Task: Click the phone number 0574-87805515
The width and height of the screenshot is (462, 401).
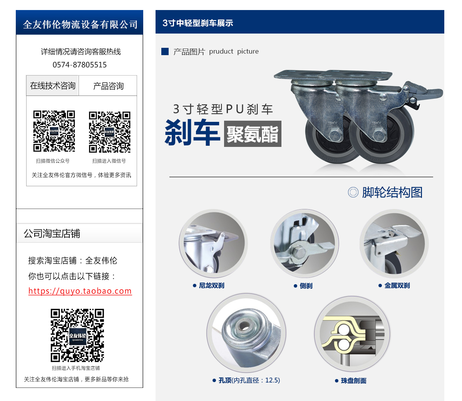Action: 80,65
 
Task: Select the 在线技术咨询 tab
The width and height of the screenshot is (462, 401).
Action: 53,86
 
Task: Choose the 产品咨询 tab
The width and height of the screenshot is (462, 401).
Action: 108,86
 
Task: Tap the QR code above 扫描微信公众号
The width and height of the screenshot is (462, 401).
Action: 54,131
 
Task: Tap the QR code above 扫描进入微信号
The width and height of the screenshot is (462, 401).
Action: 110,132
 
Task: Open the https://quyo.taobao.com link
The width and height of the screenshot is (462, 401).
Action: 80,291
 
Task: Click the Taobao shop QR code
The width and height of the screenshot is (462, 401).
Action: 77,335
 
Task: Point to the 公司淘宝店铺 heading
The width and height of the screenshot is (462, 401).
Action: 52,234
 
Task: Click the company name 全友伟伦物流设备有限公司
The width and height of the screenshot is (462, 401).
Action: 80,25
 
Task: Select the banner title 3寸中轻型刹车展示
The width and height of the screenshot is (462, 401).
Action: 198,23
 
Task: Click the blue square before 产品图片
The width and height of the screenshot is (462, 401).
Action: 165,51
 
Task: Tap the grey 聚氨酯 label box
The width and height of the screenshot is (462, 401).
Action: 253,134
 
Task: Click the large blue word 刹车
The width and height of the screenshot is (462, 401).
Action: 192,132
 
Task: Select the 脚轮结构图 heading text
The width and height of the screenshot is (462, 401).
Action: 392,192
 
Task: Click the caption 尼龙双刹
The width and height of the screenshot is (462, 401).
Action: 211,286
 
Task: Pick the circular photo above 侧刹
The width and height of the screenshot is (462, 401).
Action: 304,244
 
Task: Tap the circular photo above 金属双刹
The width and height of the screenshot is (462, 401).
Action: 394,244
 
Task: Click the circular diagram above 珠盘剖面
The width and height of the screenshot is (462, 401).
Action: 352,334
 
